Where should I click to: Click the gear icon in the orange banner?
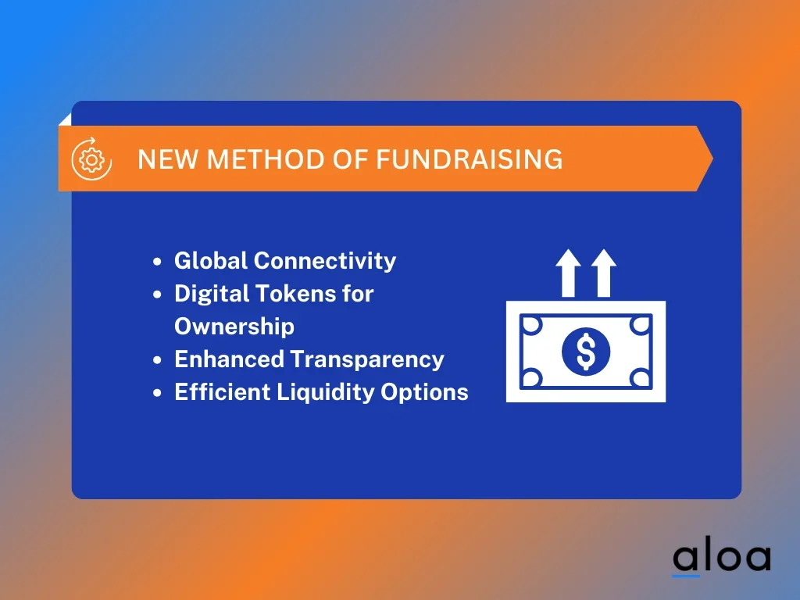[92, 159]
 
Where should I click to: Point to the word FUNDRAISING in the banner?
[470, 159]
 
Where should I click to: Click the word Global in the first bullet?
[211, 261]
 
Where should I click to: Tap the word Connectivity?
[325, 261]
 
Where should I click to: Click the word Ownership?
[234, 327]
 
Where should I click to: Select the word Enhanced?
[229, 359]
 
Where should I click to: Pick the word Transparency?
[367, 360]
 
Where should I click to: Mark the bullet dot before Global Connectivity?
[157, 262]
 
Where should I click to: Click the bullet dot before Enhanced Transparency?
[157, 360]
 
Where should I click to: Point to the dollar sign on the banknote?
[586, 352]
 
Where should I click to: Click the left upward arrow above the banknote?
[568, 273]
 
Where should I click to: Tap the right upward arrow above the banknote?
[604, 273]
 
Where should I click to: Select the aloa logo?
[721, 558]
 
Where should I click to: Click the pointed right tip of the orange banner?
[712, 159]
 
